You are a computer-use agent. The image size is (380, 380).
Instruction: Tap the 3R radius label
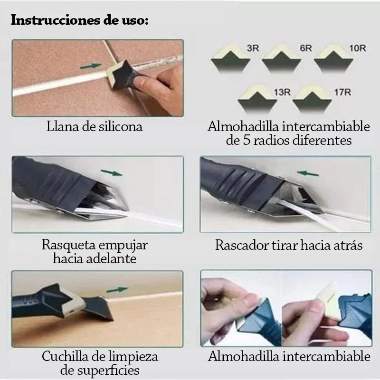253,48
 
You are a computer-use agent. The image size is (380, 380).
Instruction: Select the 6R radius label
306,48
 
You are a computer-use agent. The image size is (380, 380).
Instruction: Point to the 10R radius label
358,48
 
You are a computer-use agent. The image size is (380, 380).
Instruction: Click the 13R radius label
282,92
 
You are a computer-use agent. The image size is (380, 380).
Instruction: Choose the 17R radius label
342,92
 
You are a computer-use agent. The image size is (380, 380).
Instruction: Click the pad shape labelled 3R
230,57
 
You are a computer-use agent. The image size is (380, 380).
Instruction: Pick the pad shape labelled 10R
333,57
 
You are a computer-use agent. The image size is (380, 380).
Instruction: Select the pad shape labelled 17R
312,99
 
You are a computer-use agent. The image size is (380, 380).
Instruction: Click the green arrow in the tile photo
91,66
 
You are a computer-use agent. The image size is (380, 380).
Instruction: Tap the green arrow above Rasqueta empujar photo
112,173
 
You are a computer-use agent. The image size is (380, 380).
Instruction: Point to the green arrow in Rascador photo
308,173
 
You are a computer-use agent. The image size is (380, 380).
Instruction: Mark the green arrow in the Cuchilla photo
117,290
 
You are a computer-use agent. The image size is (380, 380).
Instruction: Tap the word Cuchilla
65,357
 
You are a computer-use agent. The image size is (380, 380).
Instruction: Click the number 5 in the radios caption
246,140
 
